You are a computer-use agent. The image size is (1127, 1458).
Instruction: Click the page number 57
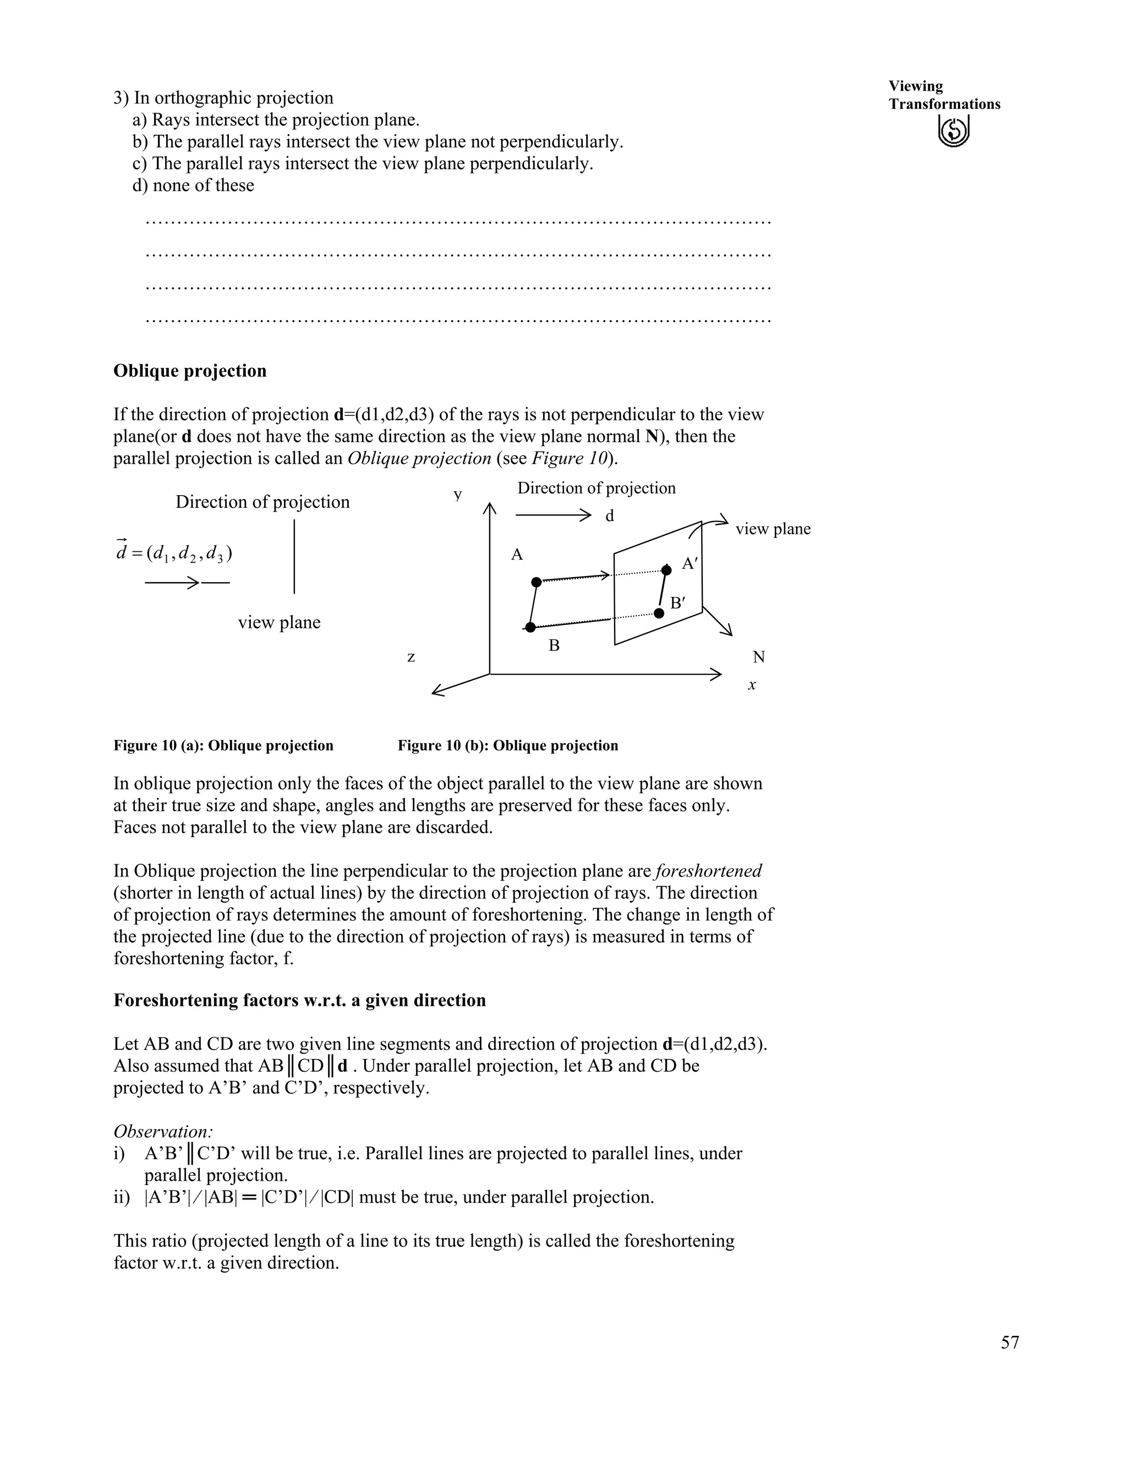click(1009, 1342)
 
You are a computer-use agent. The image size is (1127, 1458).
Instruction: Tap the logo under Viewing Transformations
click(954, 130)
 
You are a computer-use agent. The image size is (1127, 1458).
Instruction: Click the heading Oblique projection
click(190, 371)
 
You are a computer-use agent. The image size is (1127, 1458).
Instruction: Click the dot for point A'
click(666, 569)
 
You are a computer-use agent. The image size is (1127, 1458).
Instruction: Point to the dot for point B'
click(659, 613)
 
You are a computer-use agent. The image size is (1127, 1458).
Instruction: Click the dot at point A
click(536, 582)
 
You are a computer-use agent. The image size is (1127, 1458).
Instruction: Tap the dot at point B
click(530, 627)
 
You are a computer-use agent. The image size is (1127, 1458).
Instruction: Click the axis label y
click(457, 494)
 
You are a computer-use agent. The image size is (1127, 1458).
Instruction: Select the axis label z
click(411, 657)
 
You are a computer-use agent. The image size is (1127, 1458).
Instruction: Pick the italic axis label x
click(752, 685)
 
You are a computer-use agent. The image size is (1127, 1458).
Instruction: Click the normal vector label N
click(758, 657)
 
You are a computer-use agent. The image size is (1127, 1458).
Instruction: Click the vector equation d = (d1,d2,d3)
click(175, 553)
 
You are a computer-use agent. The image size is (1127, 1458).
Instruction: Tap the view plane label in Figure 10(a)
click(279, 622)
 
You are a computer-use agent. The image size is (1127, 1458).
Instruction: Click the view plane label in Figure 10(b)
click(773, 529)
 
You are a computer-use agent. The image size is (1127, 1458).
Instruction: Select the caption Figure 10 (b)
click(507, 745)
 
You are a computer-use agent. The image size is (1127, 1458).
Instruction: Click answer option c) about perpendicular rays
click(363, 163)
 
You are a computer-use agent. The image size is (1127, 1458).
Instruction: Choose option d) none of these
click(193, 185)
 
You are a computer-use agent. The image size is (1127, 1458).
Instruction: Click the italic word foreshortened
click(708, 871)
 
